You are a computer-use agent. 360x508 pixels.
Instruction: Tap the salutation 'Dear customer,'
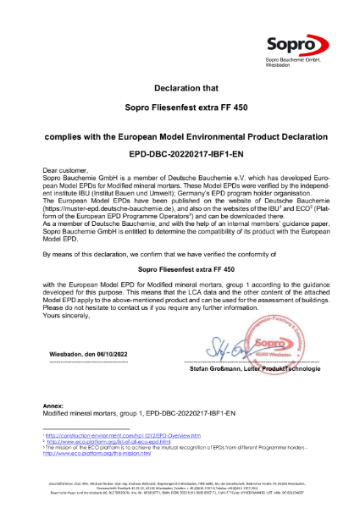tap(67, 171)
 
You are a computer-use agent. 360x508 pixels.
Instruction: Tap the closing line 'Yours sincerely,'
tap(69, 291)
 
